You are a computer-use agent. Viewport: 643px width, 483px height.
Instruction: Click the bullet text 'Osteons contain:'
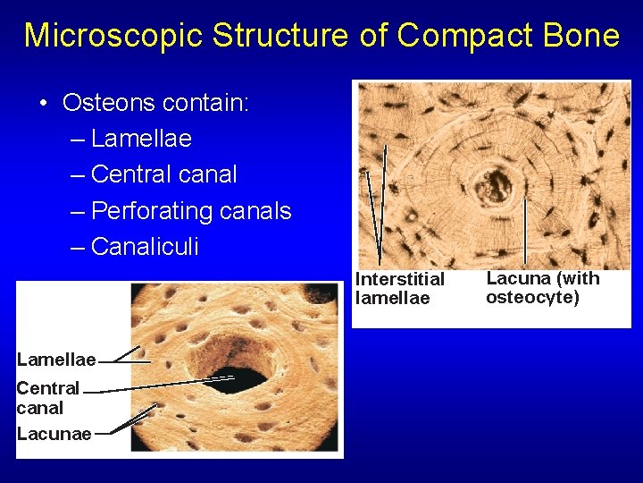pos(155,103)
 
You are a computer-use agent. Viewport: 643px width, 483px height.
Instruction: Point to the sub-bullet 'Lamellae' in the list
pos(141,139)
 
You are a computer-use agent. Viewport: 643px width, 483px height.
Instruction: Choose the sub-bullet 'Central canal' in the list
pos(163,174)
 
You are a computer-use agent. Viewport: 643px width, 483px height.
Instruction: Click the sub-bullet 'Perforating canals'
pos(191,211)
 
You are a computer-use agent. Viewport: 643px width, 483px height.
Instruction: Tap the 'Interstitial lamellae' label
pos(399,288)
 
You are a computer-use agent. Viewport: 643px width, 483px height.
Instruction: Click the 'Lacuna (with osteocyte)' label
pos(542,287)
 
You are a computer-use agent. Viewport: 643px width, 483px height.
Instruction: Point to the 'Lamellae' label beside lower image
pos(55,360)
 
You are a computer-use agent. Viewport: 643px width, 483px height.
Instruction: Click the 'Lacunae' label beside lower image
pos(54,434)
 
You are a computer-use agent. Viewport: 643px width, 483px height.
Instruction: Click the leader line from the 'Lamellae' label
pos(122,355)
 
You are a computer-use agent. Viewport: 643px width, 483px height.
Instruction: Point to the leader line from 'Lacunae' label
pos(125,425)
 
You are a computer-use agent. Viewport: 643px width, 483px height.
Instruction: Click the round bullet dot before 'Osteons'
pos(44,104)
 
